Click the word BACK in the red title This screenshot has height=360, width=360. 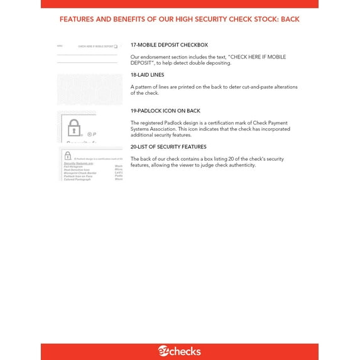coord(290,19)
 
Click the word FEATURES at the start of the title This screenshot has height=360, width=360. coord(77,19)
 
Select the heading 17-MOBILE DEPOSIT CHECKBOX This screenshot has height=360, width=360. coord(169,45)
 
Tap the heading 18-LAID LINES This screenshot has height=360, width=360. coord(148,75)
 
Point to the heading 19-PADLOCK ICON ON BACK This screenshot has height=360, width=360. coord(165,111)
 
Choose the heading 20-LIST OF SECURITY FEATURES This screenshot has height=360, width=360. coord(168,147)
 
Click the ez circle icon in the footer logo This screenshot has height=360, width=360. coord(164,351)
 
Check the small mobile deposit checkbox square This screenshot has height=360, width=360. coord(116,46)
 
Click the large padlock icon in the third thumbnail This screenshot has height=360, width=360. coord(75,128)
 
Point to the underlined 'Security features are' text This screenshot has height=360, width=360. coord(77,163)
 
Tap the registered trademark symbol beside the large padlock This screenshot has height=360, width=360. coord(89,134)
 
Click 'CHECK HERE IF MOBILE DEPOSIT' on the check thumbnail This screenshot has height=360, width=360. coord(95,46)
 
